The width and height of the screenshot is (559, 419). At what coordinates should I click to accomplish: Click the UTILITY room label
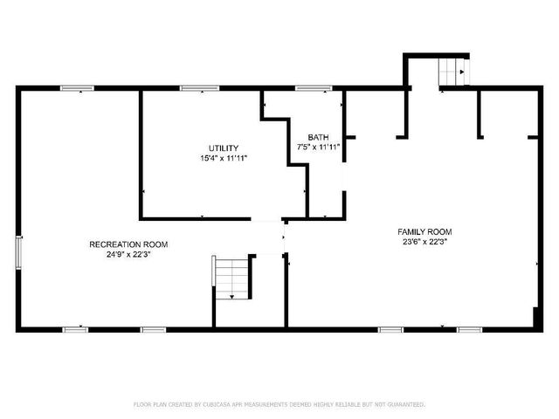(x=223, y=148)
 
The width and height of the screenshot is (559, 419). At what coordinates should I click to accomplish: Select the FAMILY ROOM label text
(x=424, y=231)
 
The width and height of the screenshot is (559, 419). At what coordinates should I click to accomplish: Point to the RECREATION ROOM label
(x=128, y=244)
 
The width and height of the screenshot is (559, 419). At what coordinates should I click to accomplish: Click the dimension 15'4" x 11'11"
(x=223, y=158)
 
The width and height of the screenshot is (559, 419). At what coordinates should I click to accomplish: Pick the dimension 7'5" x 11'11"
(x=317, y=148)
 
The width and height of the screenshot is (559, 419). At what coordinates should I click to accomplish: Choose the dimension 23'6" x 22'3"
(x=424, y=242)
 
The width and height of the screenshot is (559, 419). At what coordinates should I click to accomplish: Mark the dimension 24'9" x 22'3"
(x=128, y=255)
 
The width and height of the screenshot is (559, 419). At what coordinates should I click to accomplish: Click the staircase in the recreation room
(x=232, y=278)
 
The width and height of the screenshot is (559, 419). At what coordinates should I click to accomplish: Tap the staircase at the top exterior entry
(x=452, y=72)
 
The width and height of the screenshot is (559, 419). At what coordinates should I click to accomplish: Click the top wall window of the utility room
(x=199, y=88)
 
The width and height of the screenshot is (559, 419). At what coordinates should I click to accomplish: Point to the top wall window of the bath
(x=313, y=88)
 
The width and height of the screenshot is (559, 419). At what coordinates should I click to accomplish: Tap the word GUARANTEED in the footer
(x=407, y=404)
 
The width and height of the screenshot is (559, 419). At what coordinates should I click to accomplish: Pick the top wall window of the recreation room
(x=77, y=88)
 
